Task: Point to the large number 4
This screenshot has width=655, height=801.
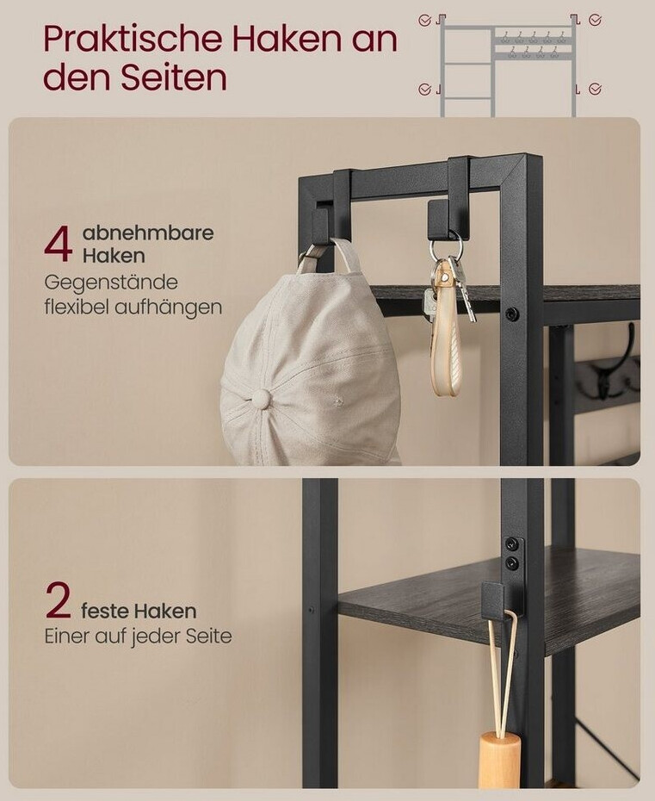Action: point(59,245)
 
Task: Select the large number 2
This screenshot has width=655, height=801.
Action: point(59,600)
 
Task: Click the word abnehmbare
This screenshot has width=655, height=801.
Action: point(148,233)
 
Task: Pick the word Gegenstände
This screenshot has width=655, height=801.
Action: point(111,283)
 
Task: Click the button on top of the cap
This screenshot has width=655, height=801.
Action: point(263,397)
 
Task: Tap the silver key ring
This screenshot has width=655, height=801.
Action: point(446,246)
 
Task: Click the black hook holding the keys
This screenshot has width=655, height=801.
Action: point(442,219)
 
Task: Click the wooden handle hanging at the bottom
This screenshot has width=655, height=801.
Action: point(500,761)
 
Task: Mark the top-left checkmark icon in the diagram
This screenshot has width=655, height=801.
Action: point(424,21)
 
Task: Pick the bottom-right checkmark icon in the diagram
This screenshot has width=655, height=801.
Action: point(595,89)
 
